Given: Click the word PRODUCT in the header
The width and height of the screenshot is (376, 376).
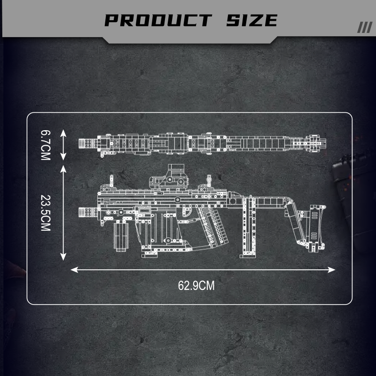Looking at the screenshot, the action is coord(158,20).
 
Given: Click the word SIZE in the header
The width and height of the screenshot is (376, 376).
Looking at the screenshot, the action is coord(252,20).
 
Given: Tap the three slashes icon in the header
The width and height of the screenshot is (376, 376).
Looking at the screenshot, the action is coord(365,27).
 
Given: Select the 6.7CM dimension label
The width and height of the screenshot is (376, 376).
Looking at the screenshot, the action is coord(46,145).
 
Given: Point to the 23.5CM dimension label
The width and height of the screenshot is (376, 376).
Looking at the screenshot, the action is coord(46,213).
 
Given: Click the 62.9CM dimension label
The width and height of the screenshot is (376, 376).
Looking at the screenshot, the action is coord(196,286).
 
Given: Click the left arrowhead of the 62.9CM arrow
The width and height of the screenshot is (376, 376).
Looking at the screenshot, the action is coord(74,270).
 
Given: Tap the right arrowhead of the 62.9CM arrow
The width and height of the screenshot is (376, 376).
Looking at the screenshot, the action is coord(332,270).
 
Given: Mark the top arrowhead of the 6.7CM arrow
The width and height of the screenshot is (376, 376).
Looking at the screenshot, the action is coord(63,133).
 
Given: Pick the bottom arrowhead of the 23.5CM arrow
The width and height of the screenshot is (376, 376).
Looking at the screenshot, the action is coord(63,257).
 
